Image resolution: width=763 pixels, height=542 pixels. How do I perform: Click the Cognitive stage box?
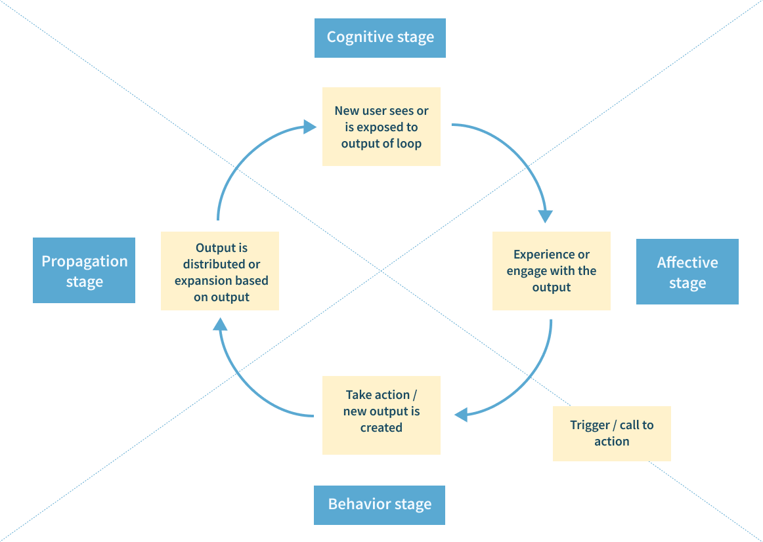pyautogui.click(x=380, y=38)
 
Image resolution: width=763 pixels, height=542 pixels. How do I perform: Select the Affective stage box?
pyautogui.click(x=687, y=272)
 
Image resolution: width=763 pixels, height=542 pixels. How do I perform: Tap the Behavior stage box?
pyautogui.click(x=380, y=505)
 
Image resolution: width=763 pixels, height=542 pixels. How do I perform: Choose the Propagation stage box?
pyautogui.click(x=84, y=270)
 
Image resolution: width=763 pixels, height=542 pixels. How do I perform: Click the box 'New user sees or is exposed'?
pyautogui.click(x=381, y=127)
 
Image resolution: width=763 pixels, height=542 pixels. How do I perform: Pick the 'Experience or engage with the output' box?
pyautogui.click(x=552, y=271)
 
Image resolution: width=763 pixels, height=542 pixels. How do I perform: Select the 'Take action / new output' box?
pyautogui.click(x=381, y=415)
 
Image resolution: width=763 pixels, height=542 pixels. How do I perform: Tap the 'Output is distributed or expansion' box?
pyautogui.click(x=220, y=271)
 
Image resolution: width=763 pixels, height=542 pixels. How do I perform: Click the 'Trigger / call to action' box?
pyautogui.click(x=612, y=434)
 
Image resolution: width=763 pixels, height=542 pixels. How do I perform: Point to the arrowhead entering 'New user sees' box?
pyautogui.click(x=310, y=127)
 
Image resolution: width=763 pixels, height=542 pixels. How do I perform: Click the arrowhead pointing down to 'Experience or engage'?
pyautogui.click(x=546, y=217)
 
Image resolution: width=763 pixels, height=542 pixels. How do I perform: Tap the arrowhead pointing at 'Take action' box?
pyautogui.click(x=461, y=415)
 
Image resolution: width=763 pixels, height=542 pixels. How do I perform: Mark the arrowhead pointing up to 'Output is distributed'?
pyautogui.click(x=221, y=324)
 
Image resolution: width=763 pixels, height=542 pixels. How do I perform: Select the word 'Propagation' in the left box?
pyautogui.click(x=85, y=262)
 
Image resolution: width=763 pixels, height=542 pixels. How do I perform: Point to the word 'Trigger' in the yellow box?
pyautogui.click(x=590, y=425)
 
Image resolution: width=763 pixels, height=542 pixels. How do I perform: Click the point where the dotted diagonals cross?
pyautogui.click(x=381, y=270)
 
